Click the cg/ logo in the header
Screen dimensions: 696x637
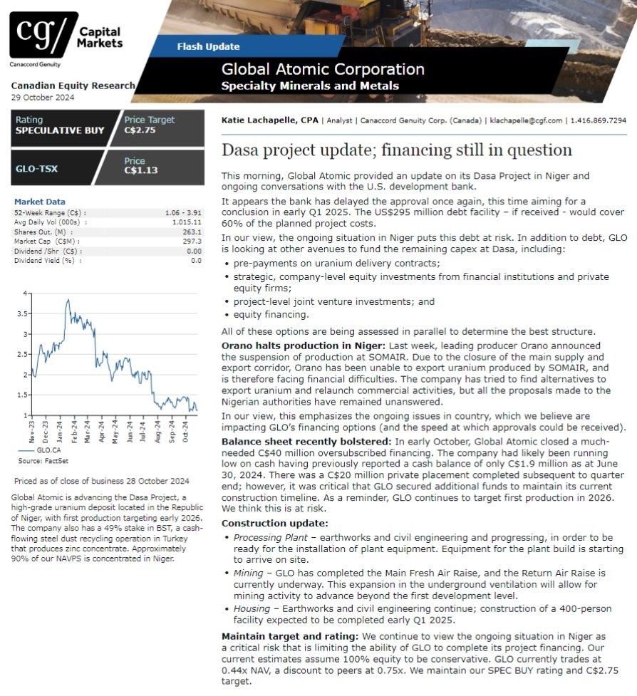[43, 33]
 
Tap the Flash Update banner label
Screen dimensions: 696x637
[208, 47]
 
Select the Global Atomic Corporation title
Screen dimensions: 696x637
[323, 70]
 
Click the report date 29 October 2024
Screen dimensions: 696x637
[43, 98]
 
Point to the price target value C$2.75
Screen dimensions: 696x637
[140, 130]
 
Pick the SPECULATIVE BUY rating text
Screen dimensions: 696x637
[60, 130]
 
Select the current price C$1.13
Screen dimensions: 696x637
[140, 171]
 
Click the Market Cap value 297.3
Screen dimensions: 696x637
[192, 241]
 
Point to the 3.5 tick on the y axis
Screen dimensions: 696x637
[26, 313]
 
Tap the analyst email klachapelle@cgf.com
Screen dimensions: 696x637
[525, 121]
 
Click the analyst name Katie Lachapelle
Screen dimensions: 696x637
[259, 121]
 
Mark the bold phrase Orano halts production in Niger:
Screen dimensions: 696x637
[293, 346]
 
